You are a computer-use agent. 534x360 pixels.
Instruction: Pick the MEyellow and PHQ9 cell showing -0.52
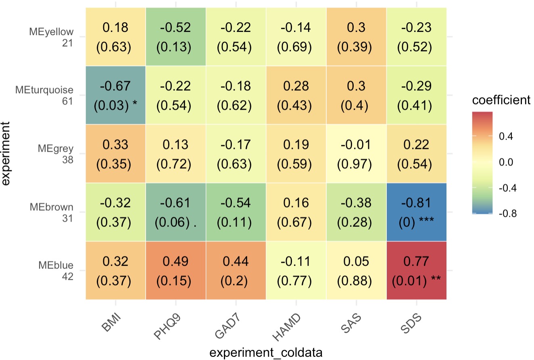tap(175, 37)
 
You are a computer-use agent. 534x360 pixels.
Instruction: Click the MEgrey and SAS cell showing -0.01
tap(356, 153)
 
